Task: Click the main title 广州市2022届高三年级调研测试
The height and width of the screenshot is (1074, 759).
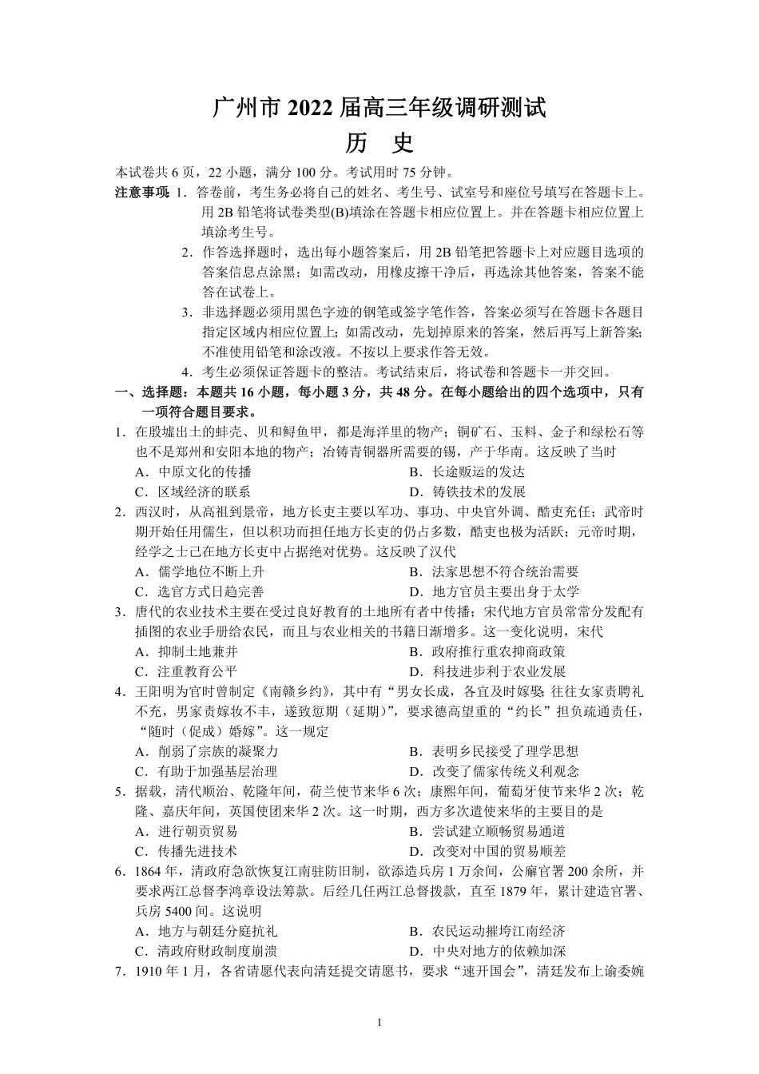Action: point(379,107)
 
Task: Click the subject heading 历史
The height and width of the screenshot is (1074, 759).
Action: point(379,143)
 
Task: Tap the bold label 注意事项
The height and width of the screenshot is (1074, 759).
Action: point(141,193)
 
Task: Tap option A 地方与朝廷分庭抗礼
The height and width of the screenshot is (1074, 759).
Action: point(206,932)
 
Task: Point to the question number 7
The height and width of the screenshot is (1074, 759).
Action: point(118,972)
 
